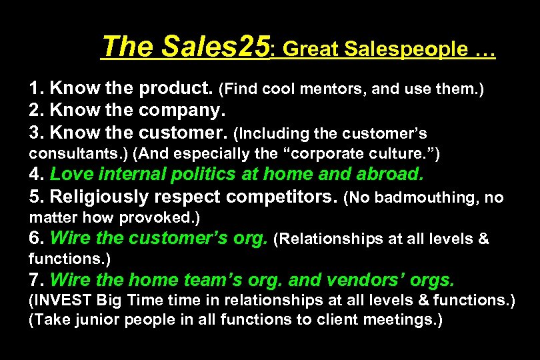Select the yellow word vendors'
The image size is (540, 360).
tap(361, 281)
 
